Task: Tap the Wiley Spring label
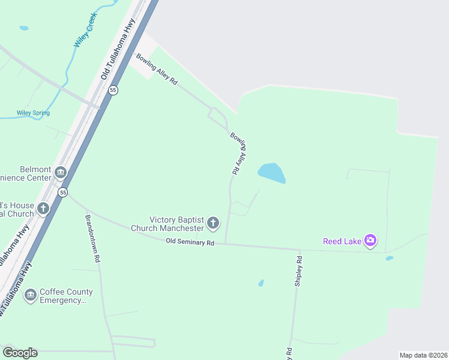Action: coord(33,113)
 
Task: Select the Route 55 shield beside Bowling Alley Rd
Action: coord(113,90)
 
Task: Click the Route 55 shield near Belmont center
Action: coord(63,192)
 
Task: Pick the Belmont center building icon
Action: coord(60,173)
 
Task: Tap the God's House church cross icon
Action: coord(43,209)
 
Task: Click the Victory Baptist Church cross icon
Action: coord(213,224)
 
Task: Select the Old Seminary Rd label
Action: coord(190,242)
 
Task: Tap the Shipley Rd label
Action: coord(298,271)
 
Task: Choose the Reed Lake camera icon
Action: coord(370,241)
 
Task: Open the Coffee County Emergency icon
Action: coord(31,295)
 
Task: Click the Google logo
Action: coord(20,353)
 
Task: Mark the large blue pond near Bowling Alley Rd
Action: coord(271,173)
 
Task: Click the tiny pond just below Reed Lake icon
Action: coord(389,258)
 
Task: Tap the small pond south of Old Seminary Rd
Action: coord(261,283)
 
